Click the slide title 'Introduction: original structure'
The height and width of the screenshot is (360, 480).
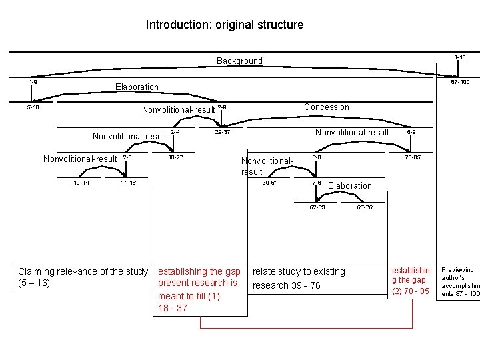225,25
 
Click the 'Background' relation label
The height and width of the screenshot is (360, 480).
239,61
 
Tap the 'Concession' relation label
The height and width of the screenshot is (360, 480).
326,107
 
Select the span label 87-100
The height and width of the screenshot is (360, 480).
460,82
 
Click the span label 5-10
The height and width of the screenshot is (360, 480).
33,107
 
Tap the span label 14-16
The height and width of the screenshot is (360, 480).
129,182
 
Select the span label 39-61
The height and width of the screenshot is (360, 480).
271,182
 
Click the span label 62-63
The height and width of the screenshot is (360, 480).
317,207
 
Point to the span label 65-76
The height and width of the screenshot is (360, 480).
365,207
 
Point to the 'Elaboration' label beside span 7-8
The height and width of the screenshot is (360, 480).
350,185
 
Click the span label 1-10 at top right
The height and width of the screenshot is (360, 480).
460,57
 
